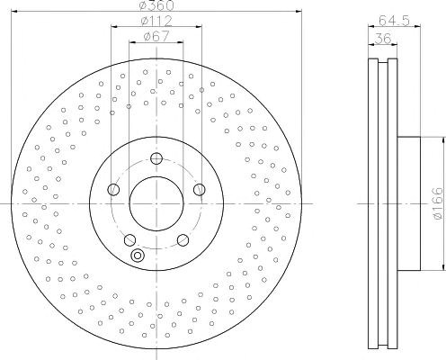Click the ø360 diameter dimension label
(156, 4)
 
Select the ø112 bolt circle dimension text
(156, 21)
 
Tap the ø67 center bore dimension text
(156, 37)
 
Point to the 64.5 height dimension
(394, 21)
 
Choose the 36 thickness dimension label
(383, 39)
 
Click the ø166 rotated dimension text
(438, 203)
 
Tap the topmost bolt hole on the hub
(156, 158)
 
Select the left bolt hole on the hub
(113, 189)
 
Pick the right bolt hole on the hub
(200, 189)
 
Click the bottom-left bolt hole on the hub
(129, 239)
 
